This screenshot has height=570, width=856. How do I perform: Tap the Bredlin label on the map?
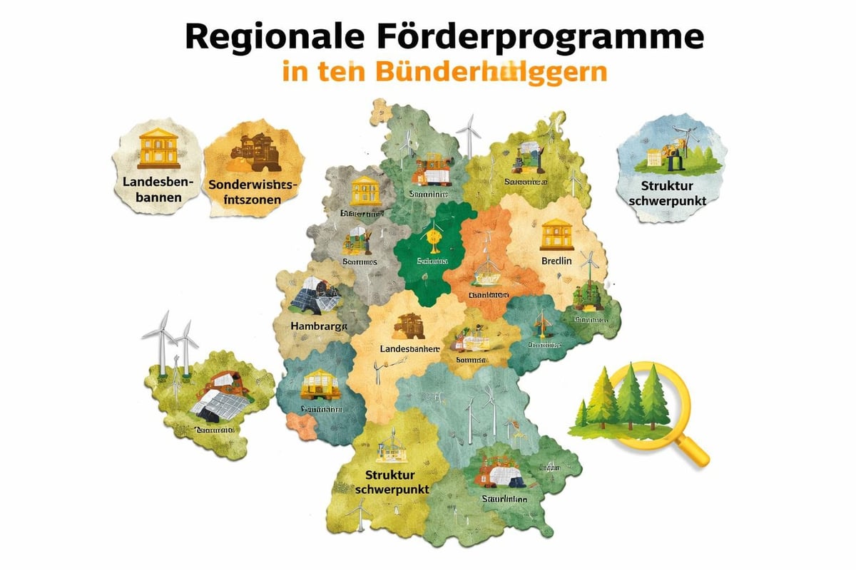[556, 261]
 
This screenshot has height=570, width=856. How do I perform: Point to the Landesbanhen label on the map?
[409, 348]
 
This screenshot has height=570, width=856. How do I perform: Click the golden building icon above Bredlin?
[556, 235]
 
